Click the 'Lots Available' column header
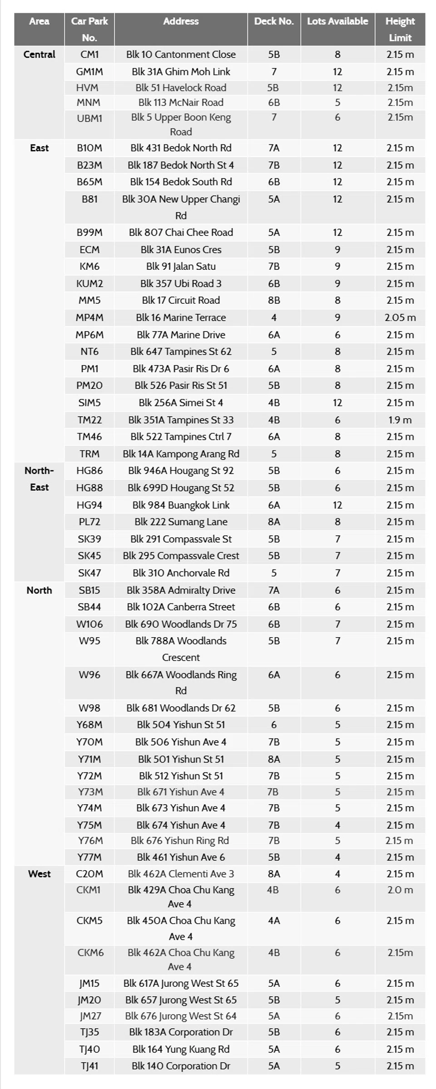click(337, 21)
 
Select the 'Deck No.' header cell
click(274, 21)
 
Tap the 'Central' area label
click(40, 54)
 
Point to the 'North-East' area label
click(40, 479)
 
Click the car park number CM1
click(89, 54)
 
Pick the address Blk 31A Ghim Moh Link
click(181, 72)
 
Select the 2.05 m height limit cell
click(400, 317)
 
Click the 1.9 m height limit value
click(400, 420)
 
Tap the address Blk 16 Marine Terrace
click(181, 317)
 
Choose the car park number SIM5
click(89, 402)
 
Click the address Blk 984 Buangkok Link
click(181, 505)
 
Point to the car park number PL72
click(89, 522)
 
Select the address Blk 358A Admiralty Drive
click(181, 590)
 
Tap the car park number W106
click(89, 624)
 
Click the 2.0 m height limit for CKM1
click(400, 890)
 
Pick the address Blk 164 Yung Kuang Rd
click(181, 1049)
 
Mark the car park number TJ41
click(89, 1066)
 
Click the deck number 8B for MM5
click(274, 300)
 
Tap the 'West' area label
click(40, 874)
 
